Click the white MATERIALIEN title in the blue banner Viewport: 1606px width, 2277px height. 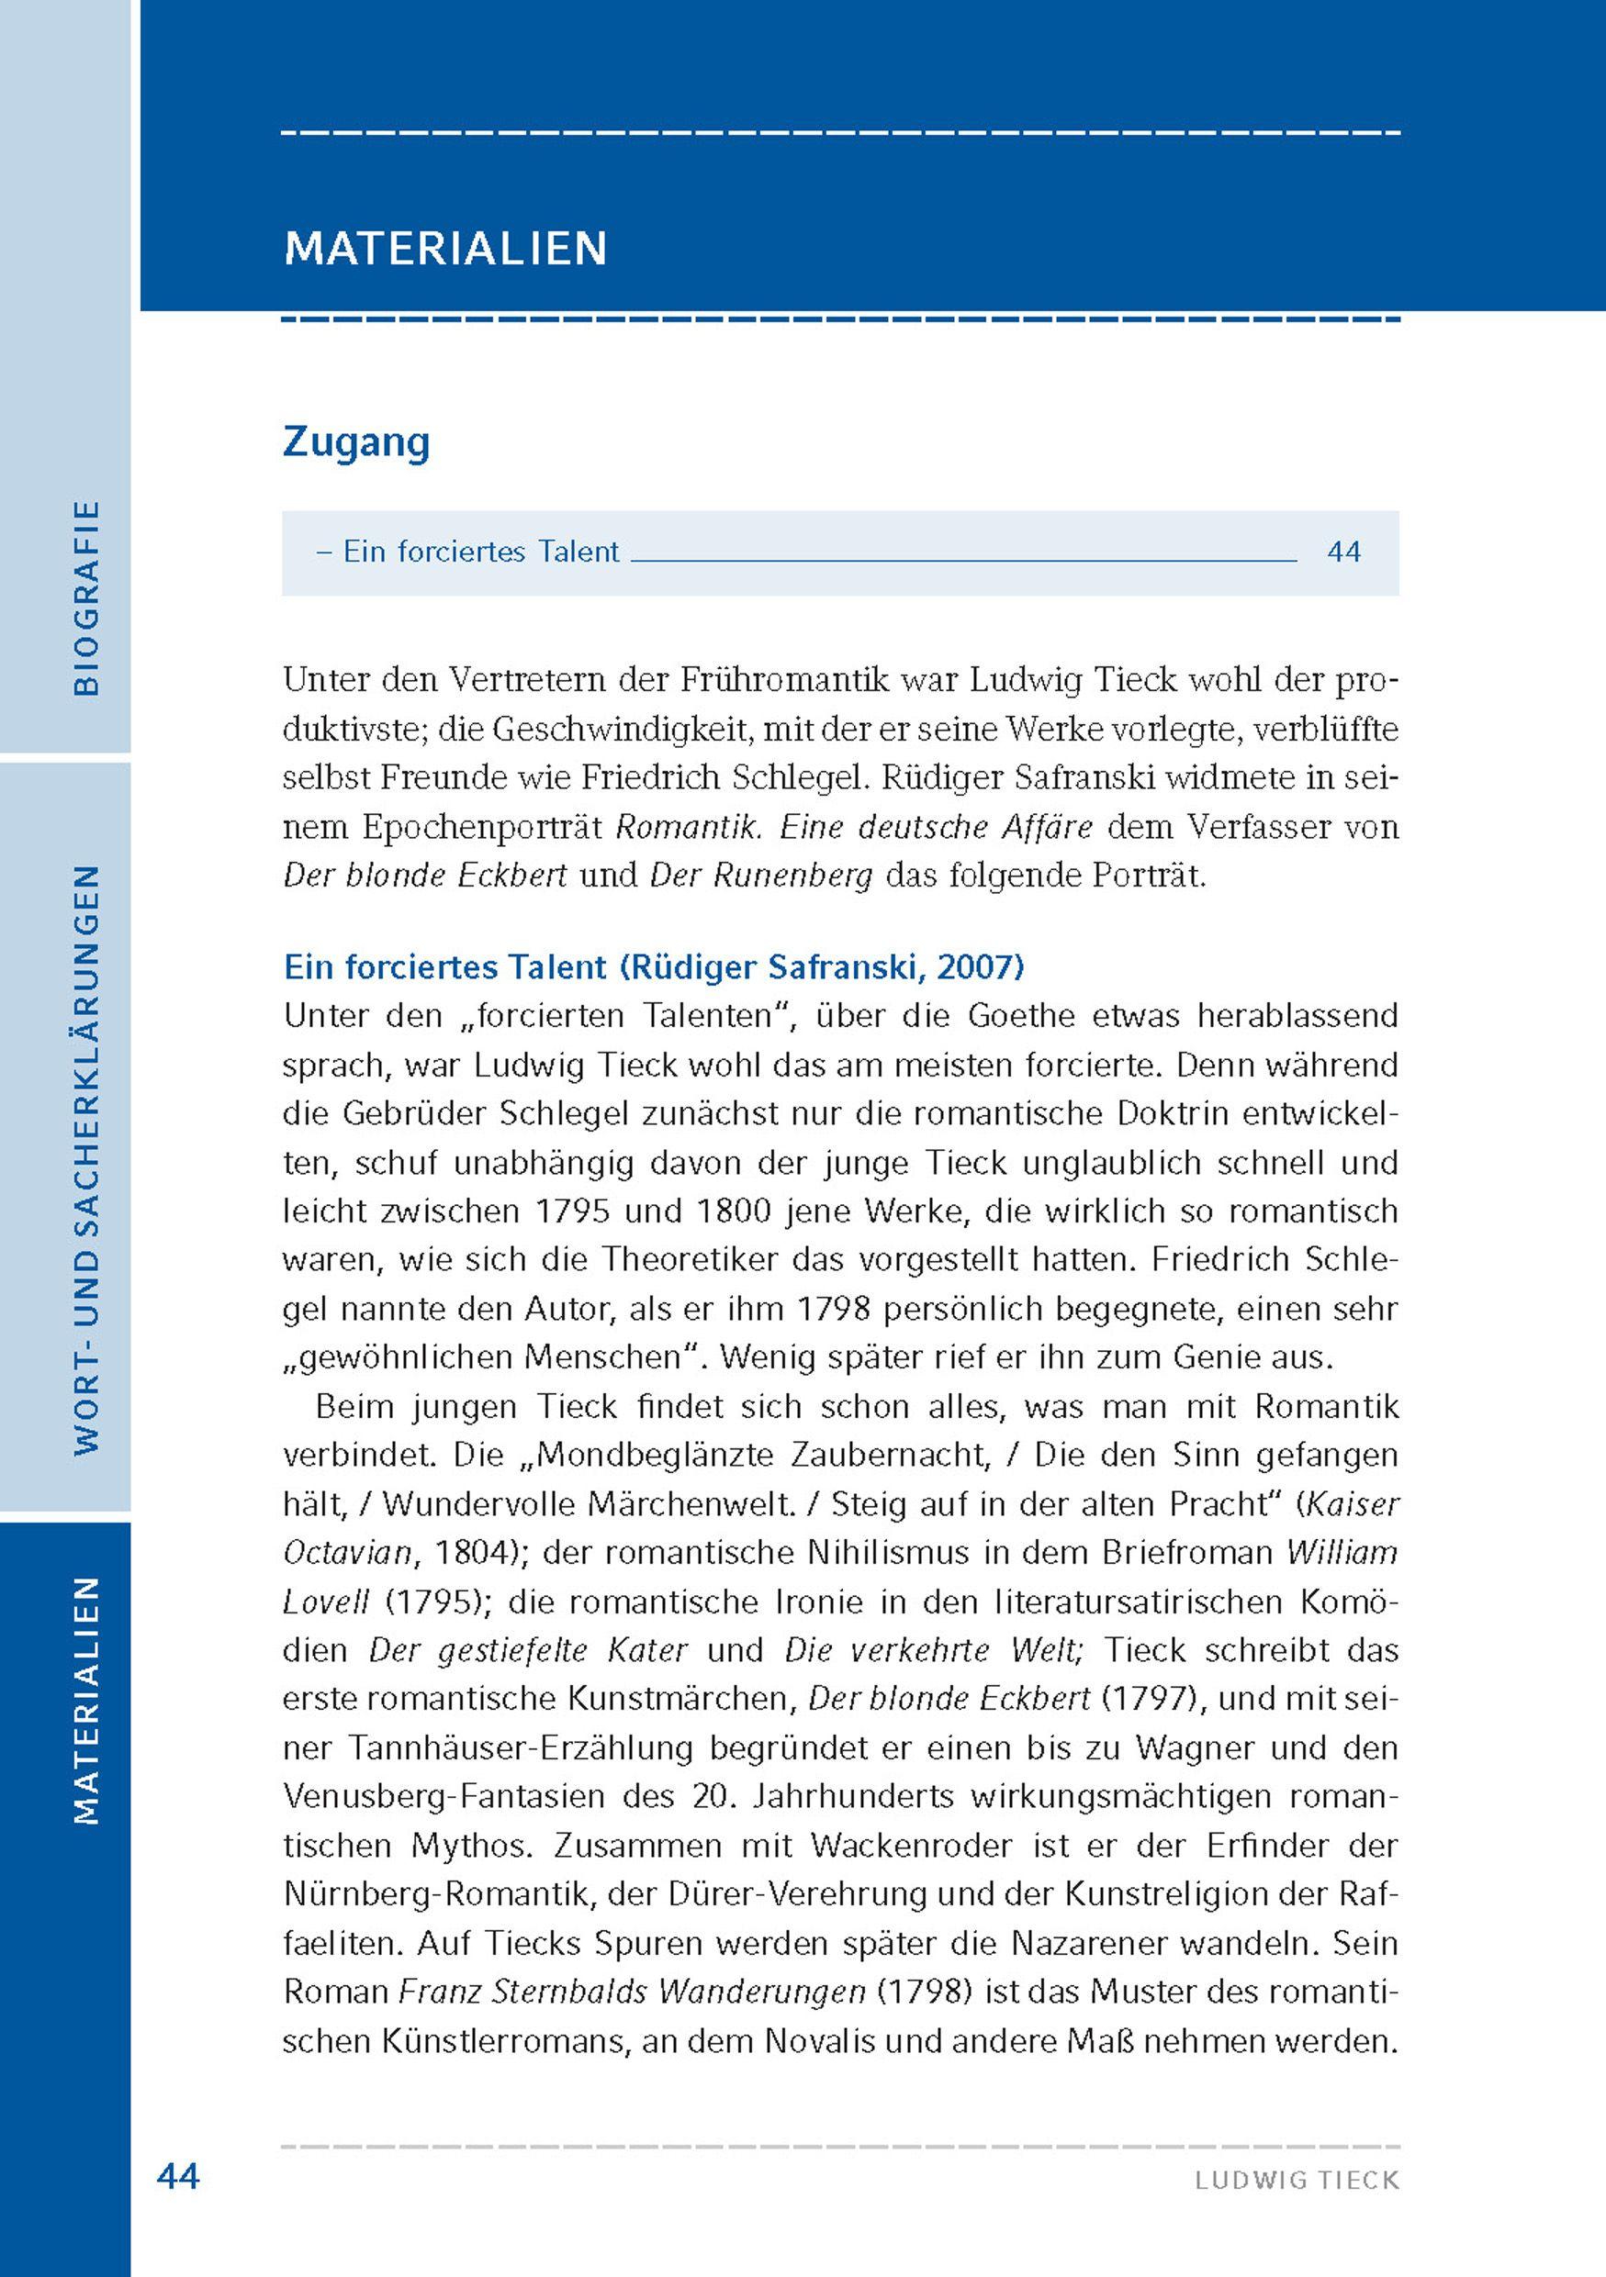(445, 248)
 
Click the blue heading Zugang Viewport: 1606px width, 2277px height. (356, 442)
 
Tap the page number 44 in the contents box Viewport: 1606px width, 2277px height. (1343, 552)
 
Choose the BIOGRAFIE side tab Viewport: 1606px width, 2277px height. (87, 597)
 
